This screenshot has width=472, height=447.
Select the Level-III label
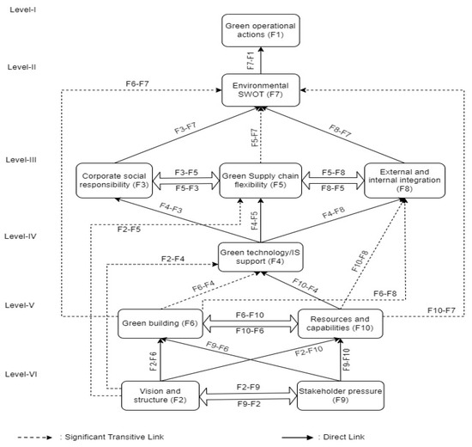(x=24, y=159)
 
